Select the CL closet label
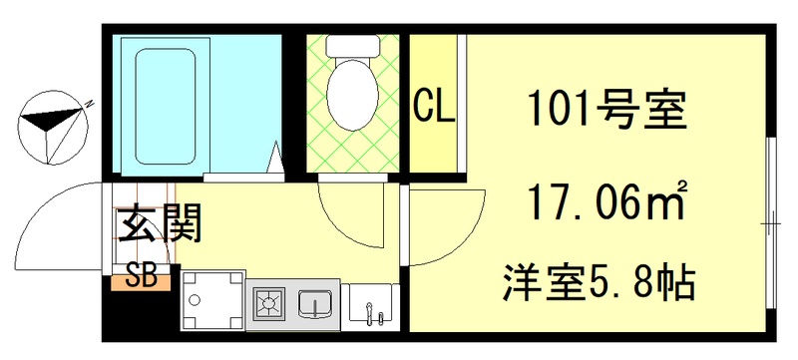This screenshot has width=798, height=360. pos(434,105)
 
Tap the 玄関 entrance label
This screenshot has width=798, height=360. pos(160,224)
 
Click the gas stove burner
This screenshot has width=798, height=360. pos(269,301)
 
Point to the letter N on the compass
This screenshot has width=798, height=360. pos(89,103)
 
